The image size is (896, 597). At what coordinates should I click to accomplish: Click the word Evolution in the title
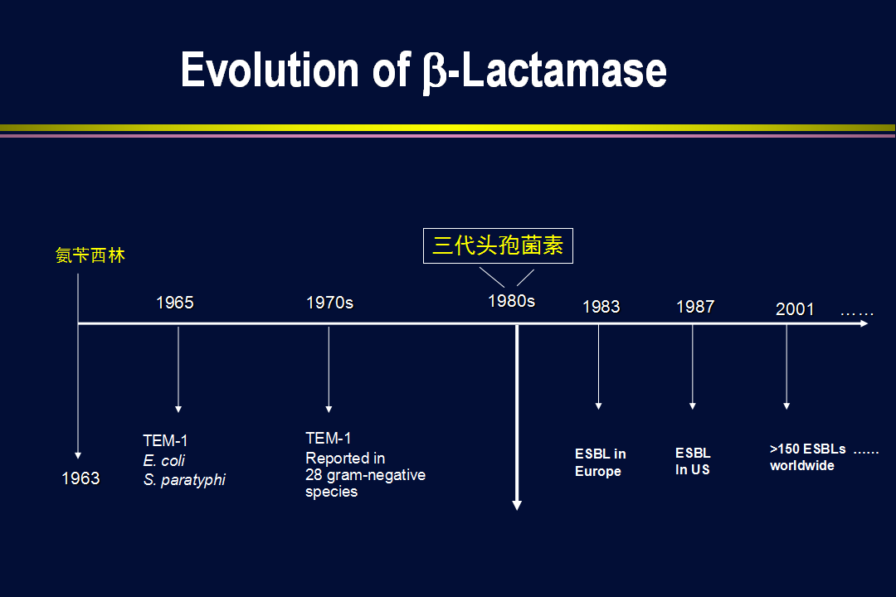coord(269,70)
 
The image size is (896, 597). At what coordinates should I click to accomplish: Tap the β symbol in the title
coord(434,73)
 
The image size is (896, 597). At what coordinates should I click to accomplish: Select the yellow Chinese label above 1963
coord(90,255)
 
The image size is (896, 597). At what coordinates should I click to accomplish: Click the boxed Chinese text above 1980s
coord(498,245)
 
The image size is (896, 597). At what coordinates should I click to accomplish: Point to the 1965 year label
coord(175,302)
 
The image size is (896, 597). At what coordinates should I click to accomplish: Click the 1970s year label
coord(329,302)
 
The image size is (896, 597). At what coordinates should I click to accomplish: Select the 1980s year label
coord(511,301)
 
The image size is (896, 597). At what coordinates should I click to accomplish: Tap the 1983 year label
coord(601,307)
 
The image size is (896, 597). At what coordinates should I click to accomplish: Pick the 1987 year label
coord(695,307)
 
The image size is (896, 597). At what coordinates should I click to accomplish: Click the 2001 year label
coord(795,309)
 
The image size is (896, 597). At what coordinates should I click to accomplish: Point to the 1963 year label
coord(80,478)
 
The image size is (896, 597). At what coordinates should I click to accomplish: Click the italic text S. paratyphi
coord(184,480)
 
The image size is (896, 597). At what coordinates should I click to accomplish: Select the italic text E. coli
coord(164,460)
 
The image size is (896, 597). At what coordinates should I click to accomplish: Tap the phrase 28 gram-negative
coord(365,475)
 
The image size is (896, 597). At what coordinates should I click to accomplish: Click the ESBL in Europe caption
coord(601,462)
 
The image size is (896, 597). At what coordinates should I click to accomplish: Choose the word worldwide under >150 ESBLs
coord(801,466)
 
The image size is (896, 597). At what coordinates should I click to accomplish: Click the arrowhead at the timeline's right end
coord(864,323)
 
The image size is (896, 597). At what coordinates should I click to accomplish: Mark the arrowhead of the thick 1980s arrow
coord(517,505)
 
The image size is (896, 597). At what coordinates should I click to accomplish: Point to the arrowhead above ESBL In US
coord(693,406)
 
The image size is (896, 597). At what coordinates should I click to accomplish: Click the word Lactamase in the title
coord(564,70)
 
